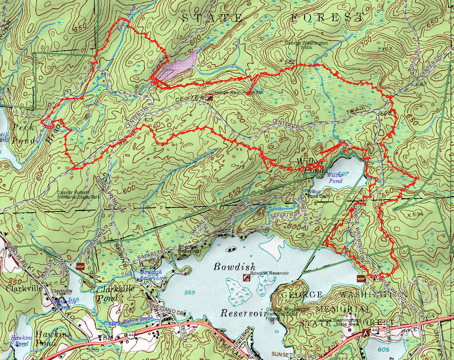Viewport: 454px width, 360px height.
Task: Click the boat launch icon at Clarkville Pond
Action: pyautogui.click(x=80, y=266)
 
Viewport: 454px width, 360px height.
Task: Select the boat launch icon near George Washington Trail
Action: pyautogui.click(x=360, y=277)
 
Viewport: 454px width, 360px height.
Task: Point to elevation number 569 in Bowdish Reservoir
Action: pyautogui.click(x=190, y=293)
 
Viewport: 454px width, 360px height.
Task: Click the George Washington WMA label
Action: pyautogui.click(x=306, y=45)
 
